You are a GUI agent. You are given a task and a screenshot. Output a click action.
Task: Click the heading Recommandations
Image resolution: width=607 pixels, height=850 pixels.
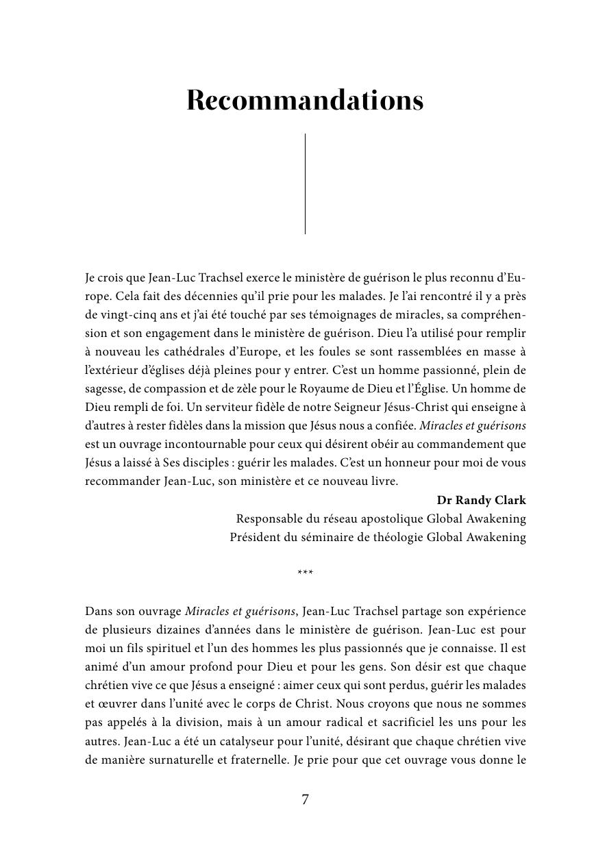point(305,100)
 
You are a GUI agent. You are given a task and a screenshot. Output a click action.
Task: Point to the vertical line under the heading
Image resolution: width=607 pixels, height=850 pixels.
point(305,184)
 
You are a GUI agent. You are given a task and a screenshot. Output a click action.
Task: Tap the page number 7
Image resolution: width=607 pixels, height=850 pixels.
point(305,799)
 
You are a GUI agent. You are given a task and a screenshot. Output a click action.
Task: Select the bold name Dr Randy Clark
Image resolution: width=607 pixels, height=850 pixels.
point(481,500)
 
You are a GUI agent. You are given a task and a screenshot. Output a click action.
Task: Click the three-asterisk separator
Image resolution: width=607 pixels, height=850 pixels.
point(305,573)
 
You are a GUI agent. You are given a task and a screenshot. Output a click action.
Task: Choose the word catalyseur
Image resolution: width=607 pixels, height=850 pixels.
point(236,740)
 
